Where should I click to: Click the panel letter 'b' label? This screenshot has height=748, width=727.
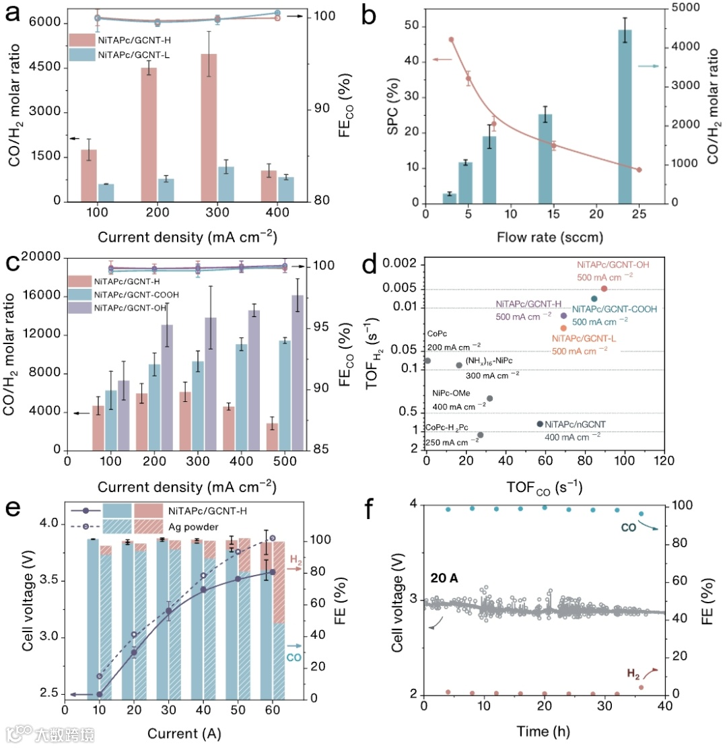[x=369, y=15]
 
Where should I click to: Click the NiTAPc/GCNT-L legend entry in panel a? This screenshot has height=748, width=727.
[x=133, y=55]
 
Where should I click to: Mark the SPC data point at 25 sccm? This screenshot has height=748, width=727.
[x=639, y=170]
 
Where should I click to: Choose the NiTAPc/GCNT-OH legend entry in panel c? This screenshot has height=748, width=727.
[x=132, y=308]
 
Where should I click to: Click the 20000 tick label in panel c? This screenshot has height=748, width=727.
[x=42, y=257]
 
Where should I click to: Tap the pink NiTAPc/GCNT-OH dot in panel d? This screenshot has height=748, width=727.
[x=604, y=288]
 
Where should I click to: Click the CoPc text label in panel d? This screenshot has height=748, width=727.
[x=437, y=333]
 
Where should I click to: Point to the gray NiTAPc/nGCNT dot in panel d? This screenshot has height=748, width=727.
[x=540, y=423]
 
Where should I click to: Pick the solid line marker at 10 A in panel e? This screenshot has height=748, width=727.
[x=99, y=694]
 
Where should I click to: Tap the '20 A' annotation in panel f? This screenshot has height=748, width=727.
[x=445, y=577]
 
